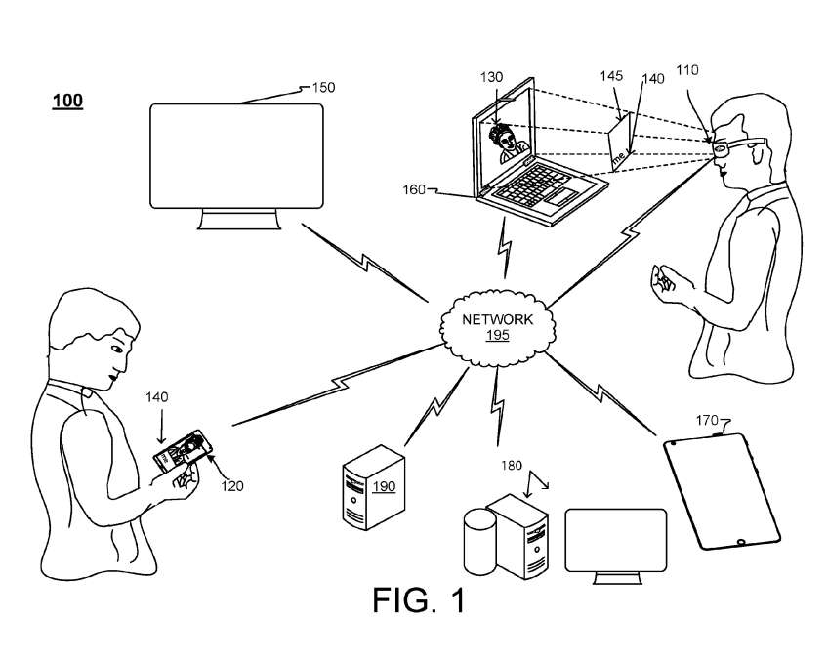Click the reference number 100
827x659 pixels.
coord(67,101)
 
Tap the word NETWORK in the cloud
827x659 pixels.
coord(498,319)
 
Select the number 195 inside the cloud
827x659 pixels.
coord(498,335)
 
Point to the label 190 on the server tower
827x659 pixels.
coord(383,486)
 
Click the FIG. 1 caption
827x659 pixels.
coord(418,600)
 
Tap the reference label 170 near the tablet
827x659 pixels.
coord(707,421)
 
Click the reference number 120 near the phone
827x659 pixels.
coord(231,485)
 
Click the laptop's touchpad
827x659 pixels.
coord(561,198)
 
